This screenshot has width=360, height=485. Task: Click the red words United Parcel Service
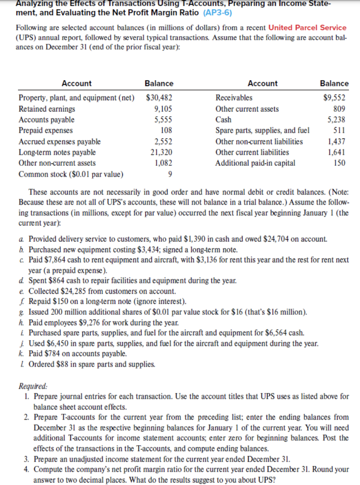(x=307, y=28)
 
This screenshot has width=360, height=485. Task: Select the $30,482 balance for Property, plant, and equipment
(x=159, y=98)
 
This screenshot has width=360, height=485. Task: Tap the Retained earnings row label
(x=47, y=109)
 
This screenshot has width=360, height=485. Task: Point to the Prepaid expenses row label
(x=46, y=130)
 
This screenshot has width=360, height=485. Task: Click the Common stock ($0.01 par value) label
(x=71, y=174)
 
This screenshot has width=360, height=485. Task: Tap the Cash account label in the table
(x=223, y=120)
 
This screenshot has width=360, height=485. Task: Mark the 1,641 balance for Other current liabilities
(x=338, y=152)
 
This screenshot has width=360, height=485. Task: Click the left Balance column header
(x=159, y=83)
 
